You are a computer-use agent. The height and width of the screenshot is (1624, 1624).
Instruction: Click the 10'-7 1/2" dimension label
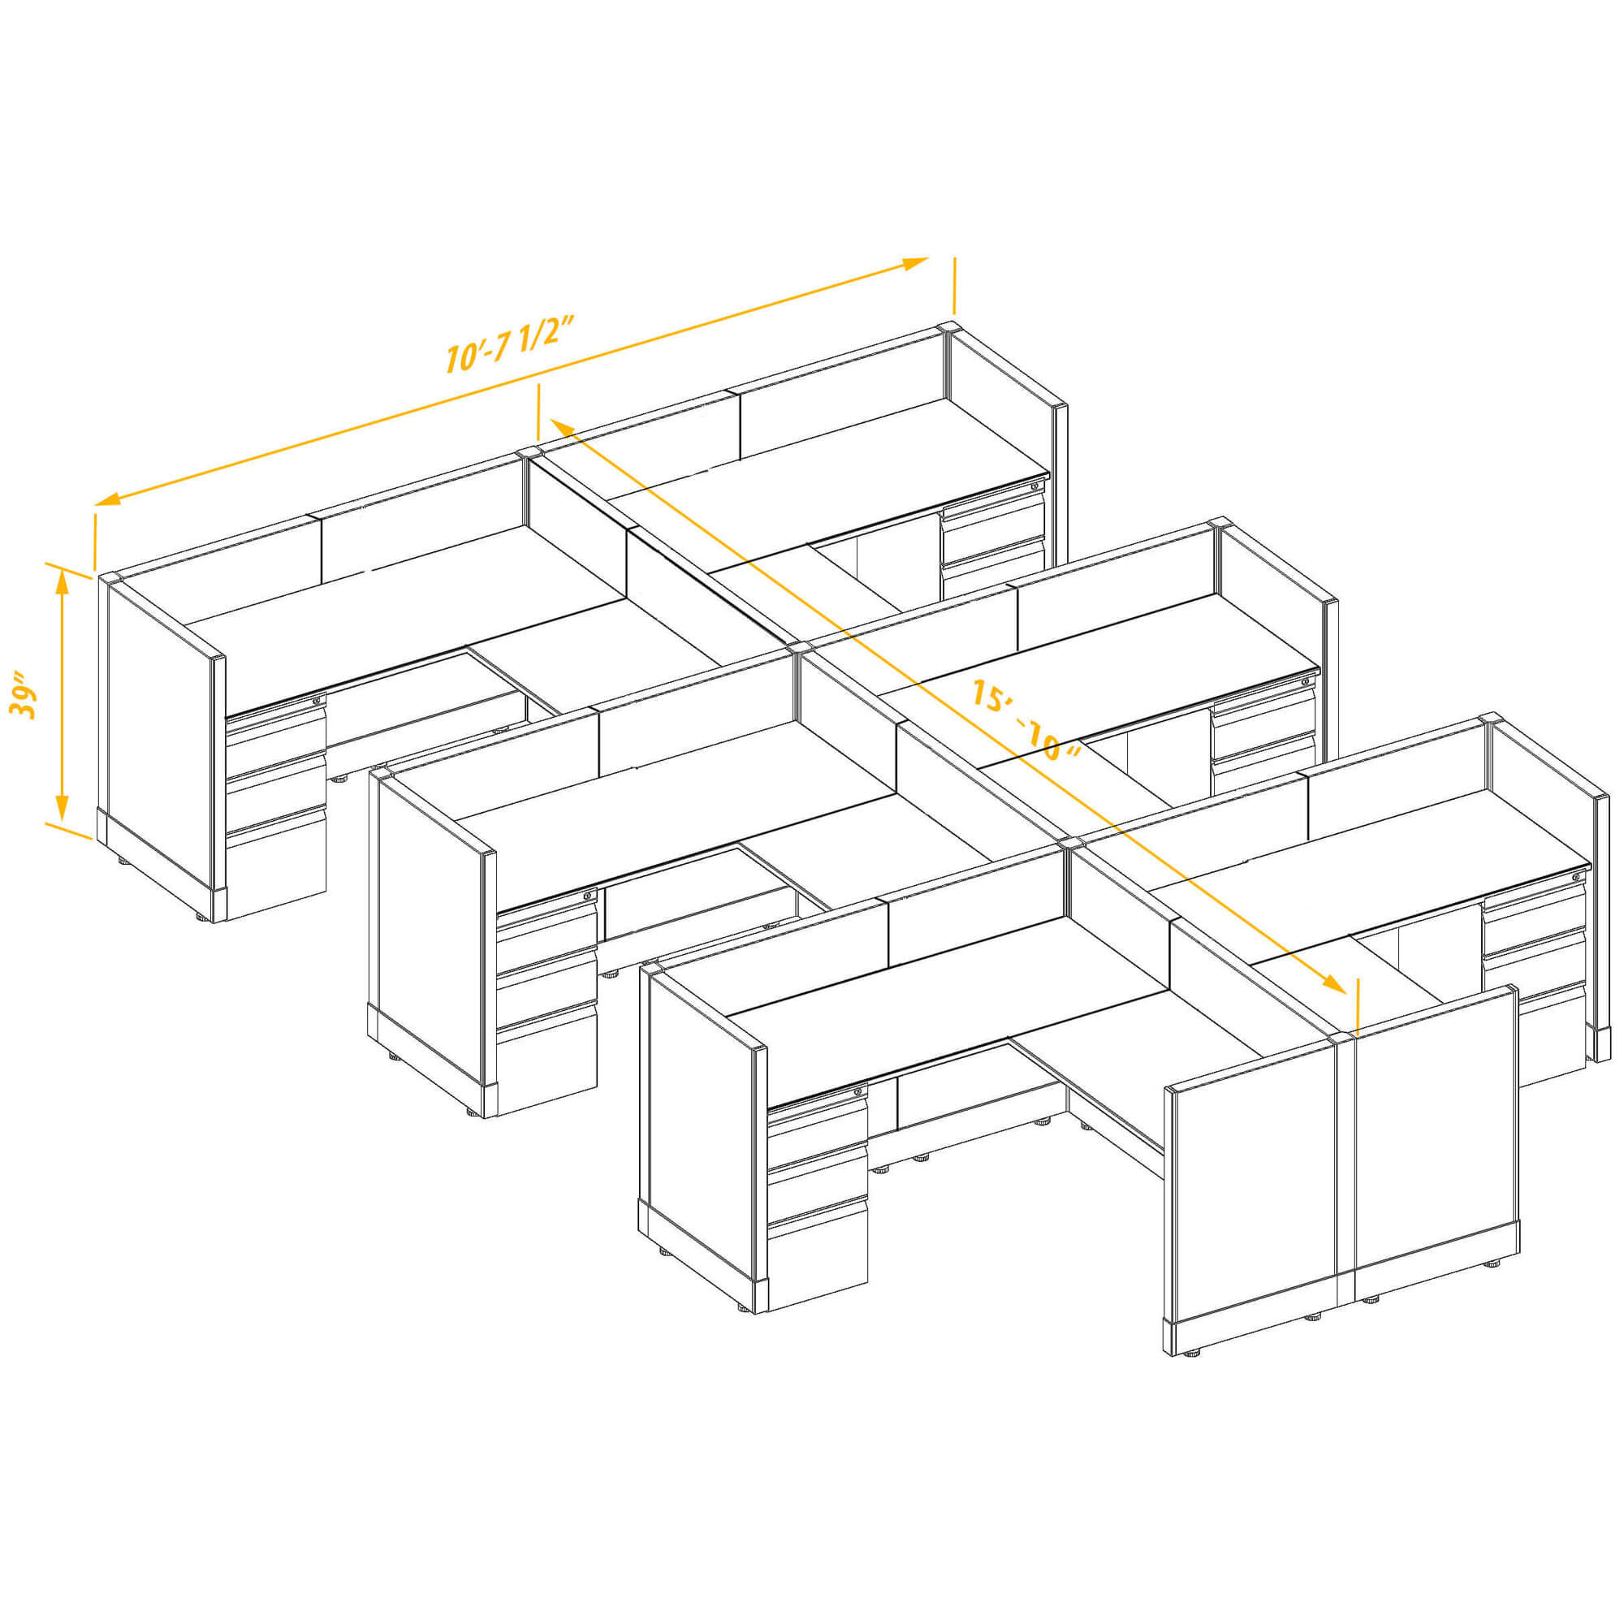[x=509, y=345]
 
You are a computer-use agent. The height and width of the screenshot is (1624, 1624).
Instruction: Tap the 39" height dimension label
[x=24, y=694]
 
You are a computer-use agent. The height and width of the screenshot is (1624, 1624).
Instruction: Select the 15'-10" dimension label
[x=1025, y=719]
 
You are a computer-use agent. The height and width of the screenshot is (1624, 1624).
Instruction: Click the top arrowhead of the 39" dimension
[x=62, y=580]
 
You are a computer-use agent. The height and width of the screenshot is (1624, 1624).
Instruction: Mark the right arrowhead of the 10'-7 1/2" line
[x=915, y=263]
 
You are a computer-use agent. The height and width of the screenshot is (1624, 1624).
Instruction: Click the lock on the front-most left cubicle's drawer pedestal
[x=859, y=1091]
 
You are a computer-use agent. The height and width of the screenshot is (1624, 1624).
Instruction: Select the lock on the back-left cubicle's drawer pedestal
[x=317, y=699]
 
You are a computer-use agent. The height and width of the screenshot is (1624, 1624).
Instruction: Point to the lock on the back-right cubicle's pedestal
[x=1034, y=486]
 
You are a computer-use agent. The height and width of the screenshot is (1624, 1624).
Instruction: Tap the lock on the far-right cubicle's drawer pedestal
[x=1575, y=878]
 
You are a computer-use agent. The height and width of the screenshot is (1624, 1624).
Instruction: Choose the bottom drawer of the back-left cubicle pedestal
[x=276, y=866]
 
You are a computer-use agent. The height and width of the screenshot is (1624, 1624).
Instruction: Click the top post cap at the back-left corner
[x=110, y=577]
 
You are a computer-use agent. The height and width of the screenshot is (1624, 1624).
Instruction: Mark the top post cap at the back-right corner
[x=948, y=327]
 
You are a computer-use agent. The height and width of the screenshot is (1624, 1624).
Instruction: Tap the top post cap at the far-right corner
[x=1489, y=719]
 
